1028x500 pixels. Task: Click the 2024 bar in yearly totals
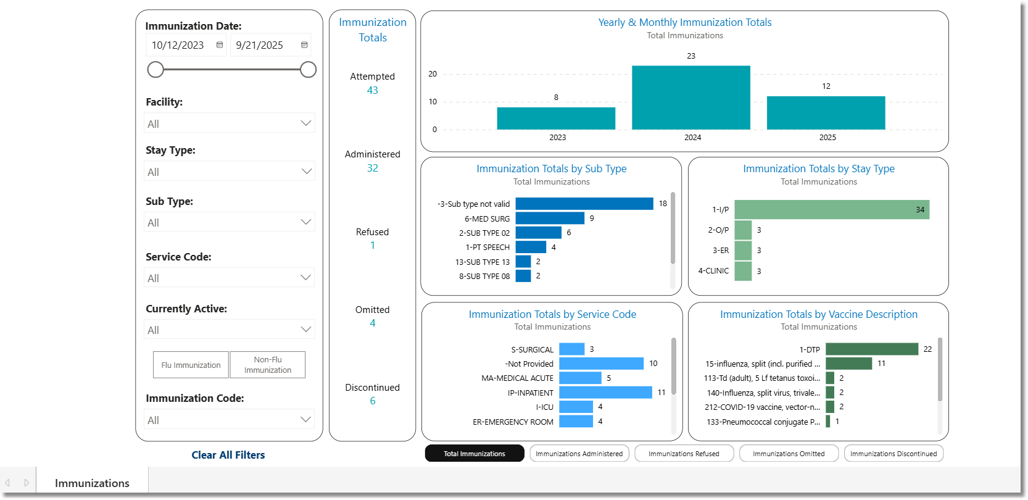(x=690, y=98)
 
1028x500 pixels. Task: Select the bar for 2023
(x=556, y=118)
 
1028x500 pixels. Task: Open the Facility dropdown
(x=230, y=123)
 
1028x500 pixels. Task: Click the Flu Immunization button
(x=191, y=365)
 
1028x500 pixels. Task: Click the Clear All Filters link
(x=228, y=455)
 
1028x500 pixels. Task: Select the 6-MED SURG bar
(x=549, y=219)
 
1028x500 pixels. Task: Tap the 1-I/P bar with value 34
(x=831, y=210)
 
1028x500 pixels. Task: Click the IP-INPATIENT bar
(x=605, y=393)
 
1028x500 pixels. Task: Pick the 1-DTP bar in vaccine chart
(x=871, y=349)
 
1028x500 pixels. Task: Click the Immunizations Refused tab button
(x=684, y=454)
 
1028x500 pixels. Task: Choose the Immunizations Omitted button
(x=789, y=454)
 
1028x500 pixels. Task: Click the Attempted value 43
(x=372, y=90)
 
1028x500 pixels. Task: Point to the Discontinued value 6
(x=372, y=401)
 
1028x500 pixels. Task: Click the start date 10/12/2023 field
(x=178, y=45)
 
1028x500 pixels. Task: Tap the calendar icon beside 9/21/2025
(x=304, y=45)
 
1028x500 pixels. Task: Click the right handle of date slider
(x=308, y=70)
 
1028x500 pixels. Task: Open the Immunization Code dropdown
(x=230, y=420)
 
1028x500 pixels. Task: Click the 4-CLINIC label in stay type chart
(x=713, y=271)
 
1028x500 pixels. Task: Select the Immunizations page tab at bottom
(x=92, y=483)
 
